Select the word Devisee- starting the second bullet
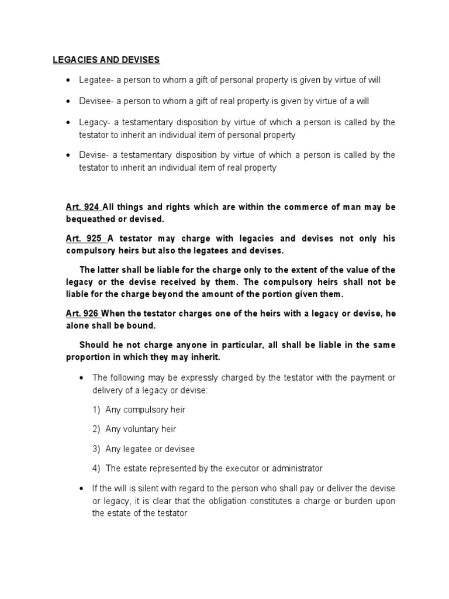point(96,101)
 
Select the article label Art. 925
point(83,238)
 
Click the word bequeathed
point(89,219)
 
